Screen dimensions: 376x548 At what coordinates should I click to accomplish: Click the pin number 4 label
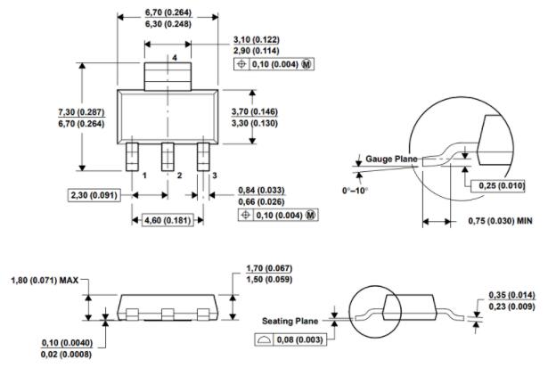click(x=176, y=58)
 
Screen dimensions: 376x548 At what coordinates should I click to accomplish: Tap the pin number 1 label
click(x=143, y=176)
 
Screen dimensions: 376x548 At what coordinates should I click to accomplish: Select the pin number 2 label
click(x=179, y=176)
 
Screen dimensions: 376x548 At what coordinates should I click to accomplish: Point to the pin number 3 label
click(x=214, y=176)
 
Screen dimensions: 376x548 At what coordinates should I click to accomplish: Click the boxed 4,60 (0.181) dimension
click(x=165, y=219)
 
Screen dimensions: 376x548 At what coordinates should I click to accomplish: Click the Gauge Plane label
click(x=392, y=159)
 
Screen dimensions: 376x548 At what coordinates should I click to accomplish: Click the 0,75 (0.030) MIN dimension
click(x=500, y=222)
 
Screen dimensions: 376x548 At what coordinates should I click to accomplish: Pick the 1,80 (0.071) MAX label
click(x=41, y=282)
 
